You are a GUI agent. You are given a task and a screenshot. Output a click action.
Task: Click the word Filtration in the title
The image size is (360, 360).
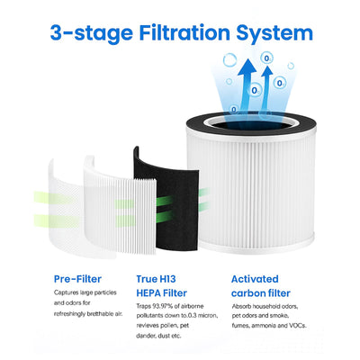coord(184,32)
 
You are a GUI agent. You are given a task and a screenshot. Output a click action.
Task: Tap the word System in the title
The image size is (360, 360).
coord(274,33)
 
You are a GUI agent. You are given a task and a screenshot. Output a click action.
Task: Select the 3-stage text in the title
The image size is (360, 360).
coord(92,33)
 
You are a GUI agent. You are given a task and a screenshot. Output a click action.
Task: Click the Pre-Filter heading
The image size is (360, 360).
coord(77,279)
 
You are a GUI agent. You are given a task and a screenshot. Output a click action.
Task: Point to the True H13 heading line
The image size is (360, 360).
coord(156,279)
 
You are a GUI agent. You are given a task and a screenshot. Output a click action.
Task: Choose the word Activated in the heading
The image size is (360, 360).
coord(255,279)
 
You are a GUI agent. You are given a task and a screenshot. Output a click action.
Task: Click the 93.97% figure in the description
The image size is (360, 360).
coord(162,306)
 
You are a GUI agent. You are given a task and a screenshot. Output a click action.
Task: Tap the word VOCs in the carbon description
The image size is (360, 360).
coord(298,326)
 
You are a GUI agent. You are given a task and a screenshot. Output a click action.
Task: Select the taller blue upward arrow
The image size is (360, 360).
coord(247,87)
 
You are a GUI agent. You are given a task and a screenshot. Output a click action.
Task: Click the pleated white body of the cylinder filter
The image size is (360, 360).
coord(252,189)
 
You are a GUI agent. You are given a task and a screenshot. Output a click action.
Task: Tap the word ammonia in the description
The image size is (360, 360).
coord(265,326)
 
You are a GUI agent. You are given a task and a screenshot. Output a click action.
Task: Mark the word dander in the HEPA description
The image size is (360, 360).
coord(146,336)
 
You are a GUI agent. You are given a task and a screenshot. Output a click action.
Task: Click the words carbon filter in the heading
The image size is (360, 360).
coord(261,293)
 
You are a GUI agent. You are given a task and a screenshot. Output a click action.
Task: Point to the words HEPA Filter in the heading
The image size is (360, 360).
coord(162,293)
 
